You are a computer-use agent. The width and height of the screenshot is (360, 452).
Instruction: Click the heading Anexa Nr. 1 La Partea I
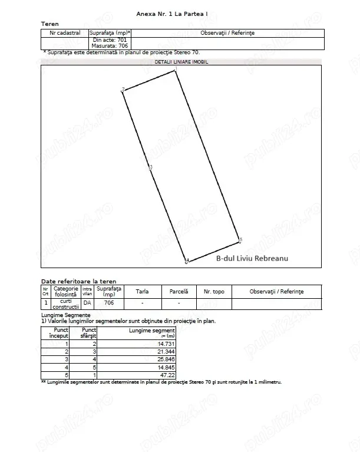point(180,13)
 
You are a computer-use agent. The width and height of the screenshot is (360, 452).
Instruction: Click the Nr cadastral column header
point(65,33)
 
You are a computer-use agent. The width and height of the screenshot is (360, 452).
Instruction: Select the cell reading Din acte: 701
point(110,39)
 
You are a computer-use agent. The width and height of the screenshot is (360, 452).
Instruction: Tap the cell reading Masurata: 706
point(110,45)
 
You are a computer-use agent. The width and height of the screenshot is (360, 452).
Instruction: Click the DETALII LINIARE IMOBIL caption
point(181,61)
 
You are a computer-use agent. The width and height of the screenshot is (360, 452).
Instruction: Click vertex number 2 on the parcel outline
point(123,90)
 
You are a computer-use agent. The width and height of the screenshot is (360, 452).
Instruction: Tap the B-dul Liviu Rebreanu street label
point(246,258)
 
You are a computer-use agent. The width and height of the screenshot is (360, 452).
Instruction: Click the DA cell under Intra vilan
point(87,303)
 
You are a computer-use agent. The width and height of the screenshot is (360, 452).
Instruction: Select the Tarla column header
point(142,291)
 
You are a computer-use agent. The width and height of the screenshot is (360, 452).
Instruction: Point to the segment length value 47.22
point(167,374)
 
